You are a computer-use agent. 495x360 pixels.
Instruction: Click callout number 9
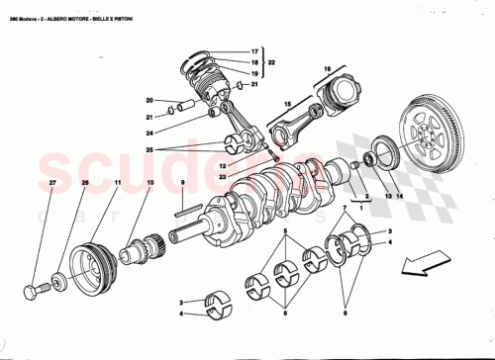(x=183, y=185)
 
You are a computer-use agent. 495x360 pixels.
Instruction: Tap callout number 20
(x=148, y=100)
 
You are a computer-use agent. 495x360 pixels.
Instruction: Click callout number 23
(x=223, y=177)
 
